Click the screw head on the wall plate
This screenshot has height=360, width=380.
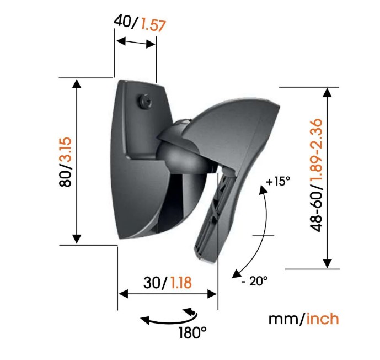click(146, 102)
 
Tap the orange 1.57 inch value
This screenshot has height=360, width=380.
click(153, 25)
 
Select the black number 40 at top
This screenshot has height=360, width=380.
click(122, 20)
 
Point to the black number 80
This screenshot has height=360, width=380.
click(66, 178)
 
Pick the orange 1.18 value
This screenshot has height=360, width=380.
click(181, 283)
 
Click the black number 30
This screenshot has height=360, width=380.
click(152, 283)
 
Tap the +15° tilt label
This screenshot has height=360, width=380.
click(278, 181)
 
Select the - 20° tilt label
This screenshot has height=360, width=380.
click(255, 281)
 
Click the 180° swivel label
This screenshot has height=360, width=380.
click(192, 333)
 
